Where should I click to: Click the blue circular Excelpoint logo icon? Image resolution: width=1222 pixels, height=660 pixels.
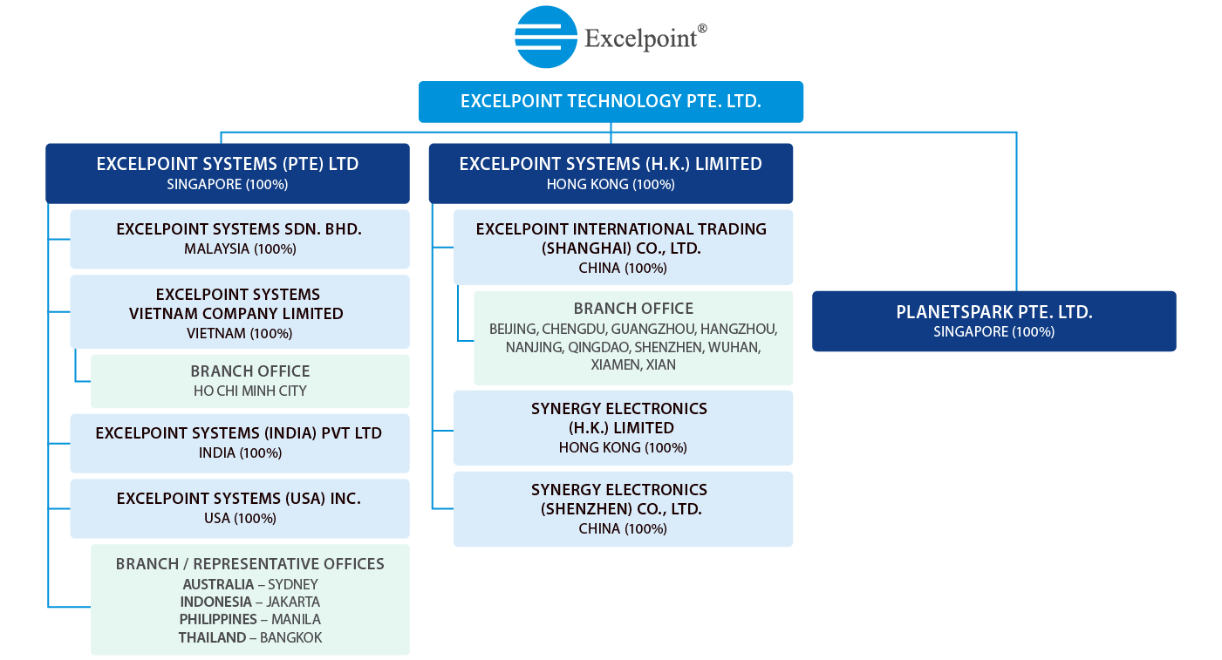[546, 37]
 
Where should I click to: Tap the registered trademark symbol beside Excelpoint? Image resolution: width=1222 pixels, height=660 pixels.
[702, 29]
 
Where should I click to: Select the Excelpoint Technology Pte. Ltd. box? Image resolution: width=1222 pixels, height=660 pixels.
[611, 101]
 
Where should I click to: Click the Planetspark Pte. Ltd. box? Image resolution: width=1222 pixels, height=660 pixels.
[994, 321]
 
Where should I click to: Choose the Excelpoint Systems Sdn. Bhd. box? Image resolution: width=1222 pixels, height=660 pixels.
[240, 239]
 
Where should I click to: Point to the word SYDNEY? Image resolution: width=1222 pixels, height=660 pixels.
[293, 584]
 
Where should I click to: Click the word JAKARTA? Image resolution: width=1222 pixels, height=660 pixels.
[293, 602]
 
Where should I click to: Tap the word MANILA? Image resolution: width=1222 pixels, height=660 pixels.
[296, 619]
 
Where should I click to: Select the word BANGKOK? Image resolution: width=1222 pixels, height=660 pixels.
[290, 637]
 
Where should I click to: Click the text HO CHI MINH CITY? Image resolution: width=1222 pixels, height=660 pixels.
[249, 391]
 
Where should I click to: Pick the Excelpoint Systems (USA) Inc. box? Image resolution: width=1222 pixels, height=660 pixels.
[240, 508]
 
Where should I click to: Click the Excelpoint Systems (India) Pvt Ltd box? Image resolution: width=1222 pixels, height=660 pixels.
[240, 443]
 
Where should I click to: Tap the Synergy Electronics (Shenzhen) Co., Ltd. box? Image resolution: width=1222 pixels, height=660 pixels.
[623, 509]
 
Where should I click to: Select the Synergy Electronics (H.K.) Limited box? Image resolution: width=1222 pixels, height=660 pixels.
[623, 427]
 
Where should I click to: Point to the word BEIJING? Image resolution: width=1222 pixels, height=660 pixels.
[513, 330]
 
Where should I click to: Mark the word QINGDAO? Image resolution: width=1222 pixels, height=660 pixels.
[599, 347]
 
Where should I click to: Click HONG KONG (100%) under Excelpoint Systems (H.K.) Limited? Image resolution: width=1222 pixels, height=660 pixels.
[611, 184]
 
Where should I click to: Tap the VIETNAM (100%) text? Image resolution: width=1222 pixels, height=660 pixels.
[240, 333]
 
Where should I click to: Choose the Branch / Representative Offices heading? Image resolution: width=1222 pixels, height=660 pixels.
[249, 563]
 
